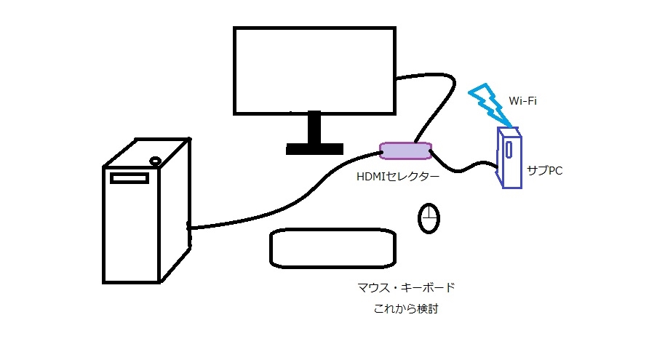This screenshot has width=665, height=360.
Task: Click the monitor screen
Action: pyautogui.click(x=314, y=70)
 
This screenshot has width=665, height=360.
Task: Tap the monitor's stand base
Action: pyautogui.click(x=314, y=149)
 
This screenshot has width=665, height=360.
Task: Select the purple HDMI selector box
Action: pyautogui.click(x=406, y=151)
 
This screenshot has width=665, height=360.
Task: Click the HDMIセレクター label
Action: pyautogui.click(x=397, y=176)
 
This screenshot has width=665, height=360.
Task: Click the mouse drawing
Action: pyautogui.click(x=429, y=218)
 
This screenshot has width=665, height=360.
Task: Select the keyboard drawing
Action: pyautogui.click(x=333, y=248)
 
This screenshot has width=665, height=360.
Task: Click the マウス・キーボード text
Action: pyautogui.click(x=406, y=288)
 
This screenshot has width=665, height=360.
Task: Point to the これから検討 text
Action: pyautogui.click(x=406, y=310)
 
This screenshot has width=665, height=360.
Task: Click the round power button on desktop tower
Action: pyautogui.click(x=155, y=159)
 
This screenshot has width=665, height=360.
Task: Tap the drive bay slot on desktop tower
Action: pyautogui.click(x=129, y=178)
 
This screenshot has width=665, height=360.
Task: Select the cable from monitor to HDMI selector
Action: pyautogui.click(x=437, y=102)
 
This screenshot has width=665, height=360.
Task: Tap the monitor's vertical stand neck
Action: pyautogui.click(x=314, y=129)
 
